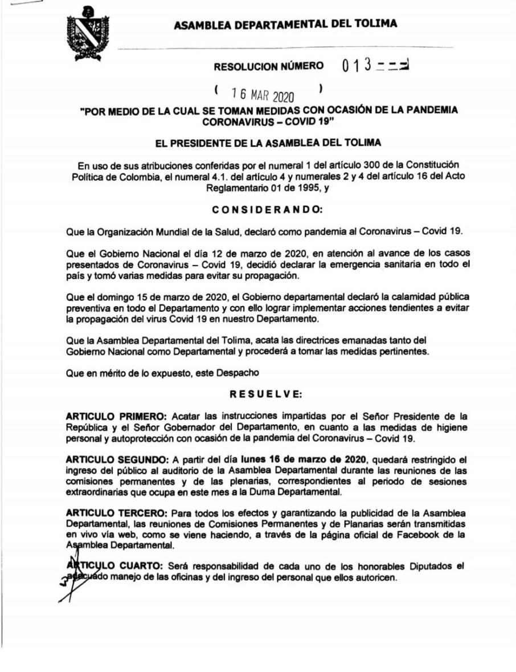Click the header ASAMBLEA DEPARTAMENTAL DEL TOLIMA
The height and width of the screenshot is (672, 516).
click(285, 24)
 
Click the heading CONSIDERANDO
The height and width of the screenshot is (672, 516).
click(267, 210)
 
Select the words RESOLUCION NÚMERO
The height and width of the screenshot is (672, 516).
click(268, 67)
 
